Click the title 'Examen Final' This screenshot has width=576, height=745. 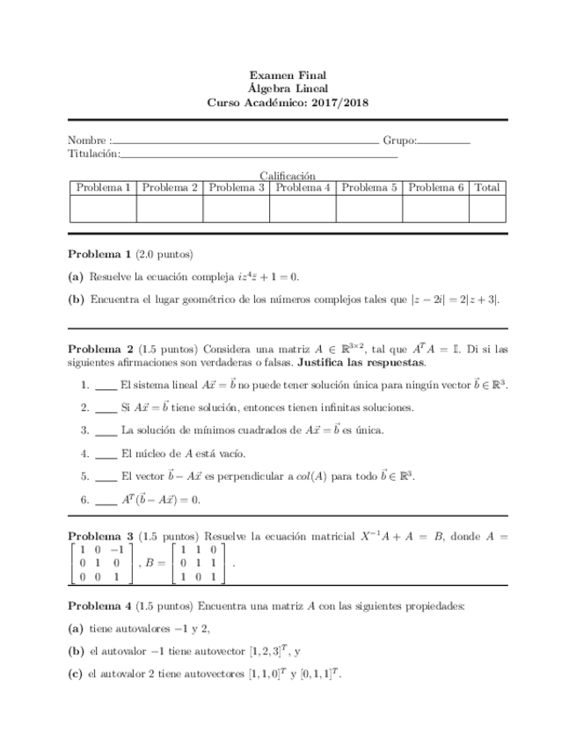[288, 76]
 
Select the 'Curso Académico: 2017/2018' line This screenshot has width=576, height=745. [288, 102]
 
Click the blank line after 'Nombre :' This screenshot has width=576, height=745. [245, 141]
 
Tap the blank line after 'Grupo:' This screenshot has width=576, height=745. [444, 141]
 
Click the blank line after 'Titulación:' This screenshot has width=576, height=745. [259, 156]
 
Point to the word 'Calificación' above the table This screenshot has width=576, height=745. [288, 176]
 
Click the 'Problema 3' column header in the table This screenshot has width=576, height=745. [237, 188]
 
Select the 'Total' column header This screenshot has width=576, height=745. [487, 188]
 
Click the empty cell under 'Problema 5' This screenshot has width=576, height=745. [369, 209]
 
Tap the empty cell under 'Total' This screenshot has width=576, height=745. [487, 209]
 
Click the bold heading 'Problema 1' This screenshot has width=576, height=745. [99, 255]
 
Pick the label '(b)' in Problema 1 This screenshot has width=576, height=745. [76, 299]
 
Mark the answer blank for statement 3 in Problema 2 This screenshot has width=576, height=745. [106, 432]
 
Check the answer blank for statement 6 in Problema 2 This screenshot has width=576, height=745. [106, 502]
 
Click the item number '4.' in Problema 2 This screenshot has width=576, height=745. [84, 454]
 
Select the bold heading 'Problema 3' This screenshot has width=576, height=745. [99, 535]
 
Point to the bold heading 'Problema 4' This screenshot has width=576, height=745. [99, 606]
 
